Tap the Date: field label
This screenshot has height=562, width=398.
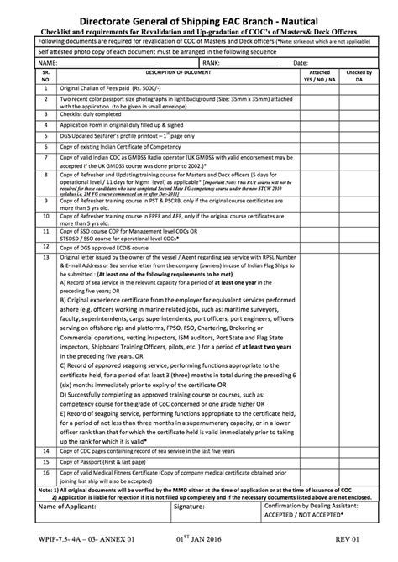coord(300,63)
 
